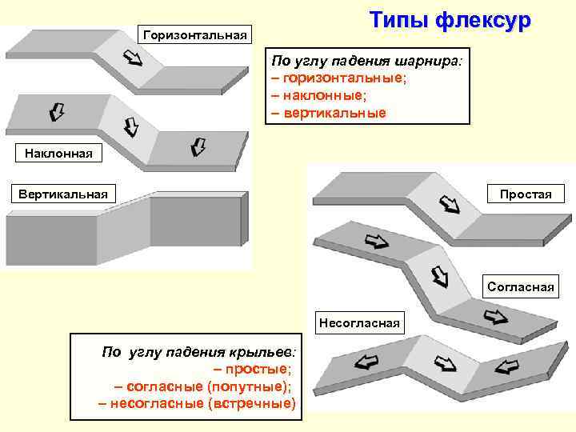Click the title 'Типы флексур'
point(450,21)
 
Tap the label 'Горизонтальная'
point(196,34)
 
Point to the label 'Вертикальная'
point(64,193)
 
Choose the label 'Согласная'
point(521,286)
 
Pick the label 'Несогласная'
point(359,323)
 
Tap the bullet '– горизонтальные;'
point(338,78)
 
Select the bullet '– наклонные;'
point(318,95)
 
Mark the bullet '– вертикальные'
point(329,113)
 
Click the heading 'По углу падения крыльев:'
point(198,351)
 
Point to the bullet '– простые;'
point(253,369)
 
